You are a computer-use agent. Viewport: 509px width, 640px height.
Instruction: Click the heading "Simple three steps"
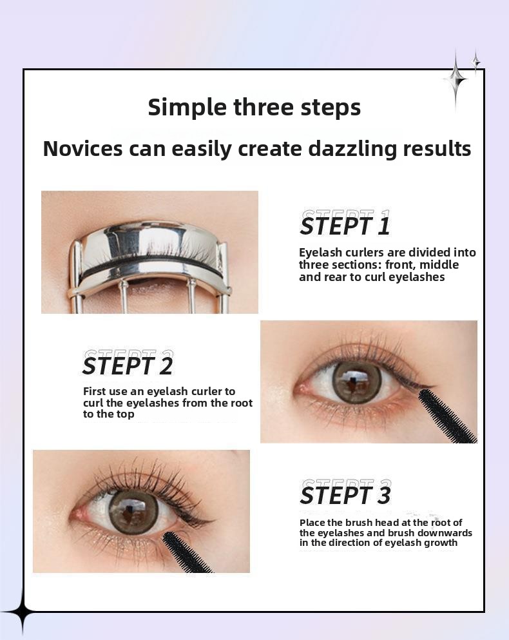[254, 108]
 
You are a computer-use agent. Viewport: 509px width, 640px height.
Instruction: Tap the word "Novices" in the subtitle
[83, 148]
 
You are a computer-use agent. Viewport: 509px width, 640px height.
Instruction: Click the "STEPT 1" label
[345, 226]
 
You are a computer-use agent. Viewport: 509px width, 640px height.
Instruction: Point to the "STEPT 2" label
[128, 365]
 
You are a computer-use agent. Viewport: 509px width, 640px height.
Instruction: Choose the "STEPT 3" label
[345, 495]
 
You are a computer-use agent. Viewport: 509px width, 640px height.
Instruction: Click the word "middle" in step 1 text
[439, 264]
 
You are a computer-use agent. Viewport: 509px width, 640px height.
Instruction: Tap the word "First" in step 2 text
[94, 391]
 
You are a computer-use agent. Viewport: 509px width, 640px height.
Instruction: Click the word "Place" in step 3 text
[312, 523]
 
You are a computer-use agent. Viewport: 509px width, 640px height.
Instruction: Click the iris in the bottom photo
[133, 512]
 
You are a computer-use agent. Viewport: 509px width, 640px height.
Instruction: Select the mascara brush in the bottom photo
[186, 552]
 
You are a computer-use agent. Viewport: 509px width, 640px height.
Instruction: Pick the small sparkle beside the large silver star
[476, 62]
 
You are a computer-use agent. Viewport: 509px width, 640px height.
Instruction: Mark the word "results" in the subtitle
[437, 149]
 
